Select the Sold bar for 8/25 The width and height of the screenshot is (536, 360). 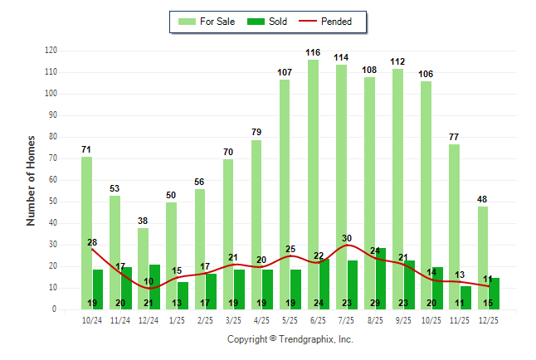(381, 278)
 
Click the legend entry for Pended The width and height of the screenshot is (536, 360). (330, 22)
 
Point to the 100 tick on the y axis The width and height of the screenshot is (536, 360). (51, 94)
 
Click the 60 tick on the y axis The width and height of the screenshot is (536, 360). (52, 180)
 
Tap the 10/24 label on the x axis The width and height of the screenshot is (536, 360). (92, 320)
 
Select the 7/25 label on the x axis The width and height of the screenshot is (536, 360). (347, 320)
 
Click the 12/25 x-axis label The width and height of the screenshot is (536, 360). (489, 320)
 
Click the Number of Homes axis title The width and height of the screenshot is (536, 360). (31, 180)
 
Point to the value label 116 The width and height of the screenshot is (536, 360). (313, 52)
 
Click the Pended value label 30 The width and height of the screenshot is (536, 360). (347, 238)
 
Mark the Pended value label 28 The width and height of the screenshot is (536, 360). (92, 242)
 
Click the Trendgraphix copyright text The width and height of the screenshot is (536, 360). (290, 339)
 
